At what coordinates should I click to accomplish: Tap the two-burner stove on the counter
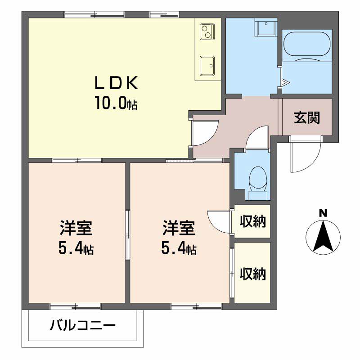pos(207,32)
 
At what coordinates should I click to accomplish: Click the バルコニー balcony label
pos(83,325)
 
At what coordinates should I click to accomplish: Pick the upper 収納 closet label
pos(252,221)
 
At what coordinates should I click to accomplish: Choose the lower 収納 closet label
pos(252,273)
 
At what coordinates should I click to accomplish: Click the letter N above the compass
pos(323,213)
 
